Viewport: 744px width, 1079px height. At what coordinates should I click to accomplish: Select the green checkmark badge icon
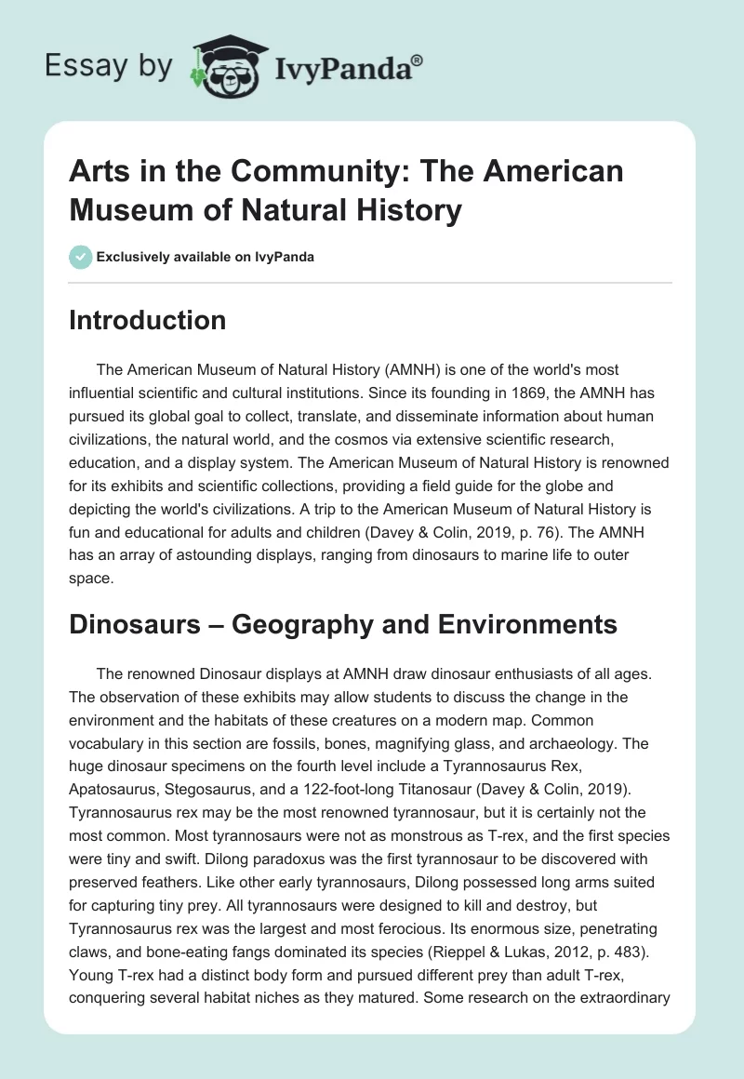(x=80, y=257)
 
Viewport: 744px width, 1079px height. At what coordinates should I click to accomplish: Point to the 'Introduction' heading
(x=148, y=320)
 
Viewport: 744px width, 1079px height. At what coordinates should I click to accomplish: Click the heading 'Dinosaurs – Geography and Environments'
(x=343, y=624)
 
